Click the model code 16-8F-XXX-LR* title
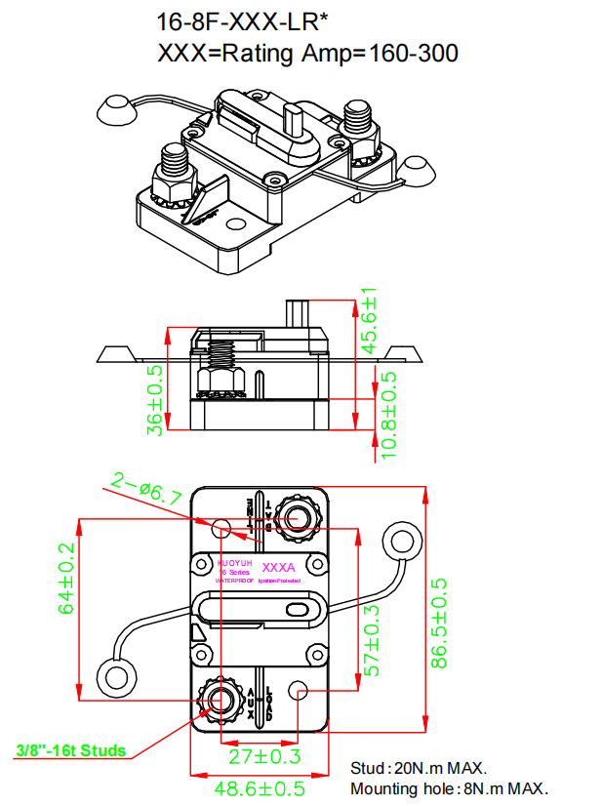[x=256, y=21]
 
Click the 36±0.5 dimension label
[x=154, y=399]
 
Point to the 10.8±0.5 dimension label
[x=388, y=415]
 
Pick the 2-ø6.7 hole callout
[x=146, y=489]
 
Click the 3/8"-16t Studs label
[x=71, y=750]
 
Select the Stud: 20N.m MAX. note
[x=419, y=769]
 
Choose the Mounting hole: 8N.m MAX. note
[x=449, y=788]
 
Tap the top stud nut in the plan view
[x=294, y=517]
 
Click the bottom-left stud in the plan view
[x=222, y=698]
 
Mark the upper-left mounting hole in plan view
[x=222, y=529]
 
